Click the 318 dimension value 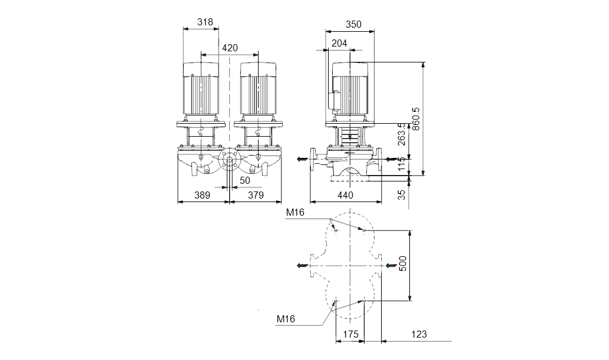pyautogui.click(x=205, y=22)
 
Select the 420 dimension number pyautogui.click(x=230, y=48)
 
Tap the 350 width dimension pyautogui.click(x=353, y=25)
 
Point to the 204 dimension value pyautogui.click(x=339, y=44)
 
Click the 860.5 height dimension pyautogui.click(x=416, y=119)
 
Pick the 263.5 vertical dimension pyautogui.click(x=402, y=134)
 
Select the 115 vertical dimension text pyautogui.click(x=402, y=163)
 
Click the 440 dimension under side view pyautogui.click(x=345, y=196)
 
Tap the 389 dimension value pyautogui.click(x=202, y=196)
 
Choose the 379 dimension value pyautogui.click(x=256, y=196)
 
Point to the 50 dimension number pyautogui.click(x=244, y=180)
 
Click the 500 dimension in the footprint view pyautogui.click(x=403, y=264)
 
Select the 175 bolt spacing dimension pyautogui.click(x=350, y=334)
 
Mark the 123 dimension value pyautogui.click(x=419, y=334)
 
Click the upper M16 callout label pyautogui.click(x=295, y=213)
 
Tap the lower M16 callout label pyautogui.click(x=286, y=319)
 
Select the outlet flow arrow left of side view pyautogui.click(x=302, y=159)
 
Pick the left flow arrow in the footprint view pyautogui.click(x=302, y=266)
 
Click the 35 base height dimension pyautogui.click(x=402, y=194)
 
